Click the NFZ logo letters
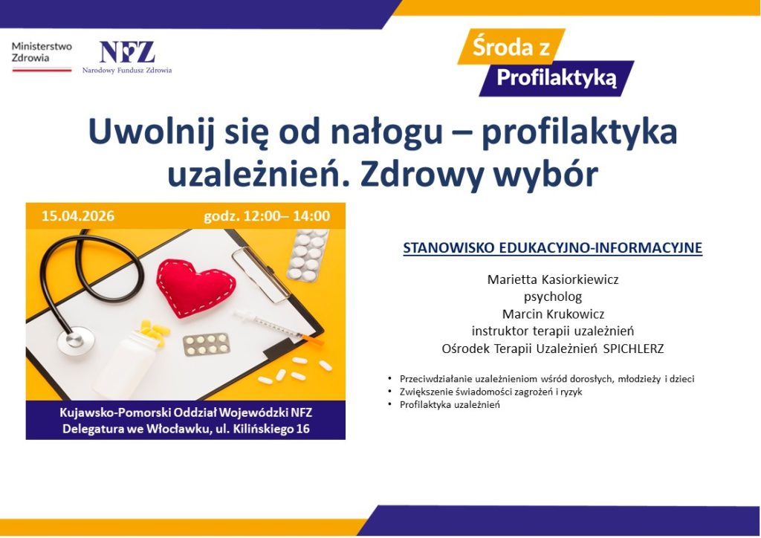[x=127, y=52]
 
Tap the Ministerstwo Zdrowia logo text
[x=42, y=52]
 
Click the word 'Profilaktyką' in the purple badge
[x=557, y=77]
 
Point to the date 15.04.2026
[x=78, y=216]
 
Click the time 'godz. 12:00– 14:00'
[x=267, y=216]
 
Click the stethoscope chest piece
[x=76, y=338]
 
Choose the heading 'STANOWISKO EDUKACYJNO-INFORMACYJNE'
[x=552, y=248]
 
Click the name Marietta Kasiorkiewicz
[x=552, y=280]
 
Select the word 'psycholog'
[x=552, y=296]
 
